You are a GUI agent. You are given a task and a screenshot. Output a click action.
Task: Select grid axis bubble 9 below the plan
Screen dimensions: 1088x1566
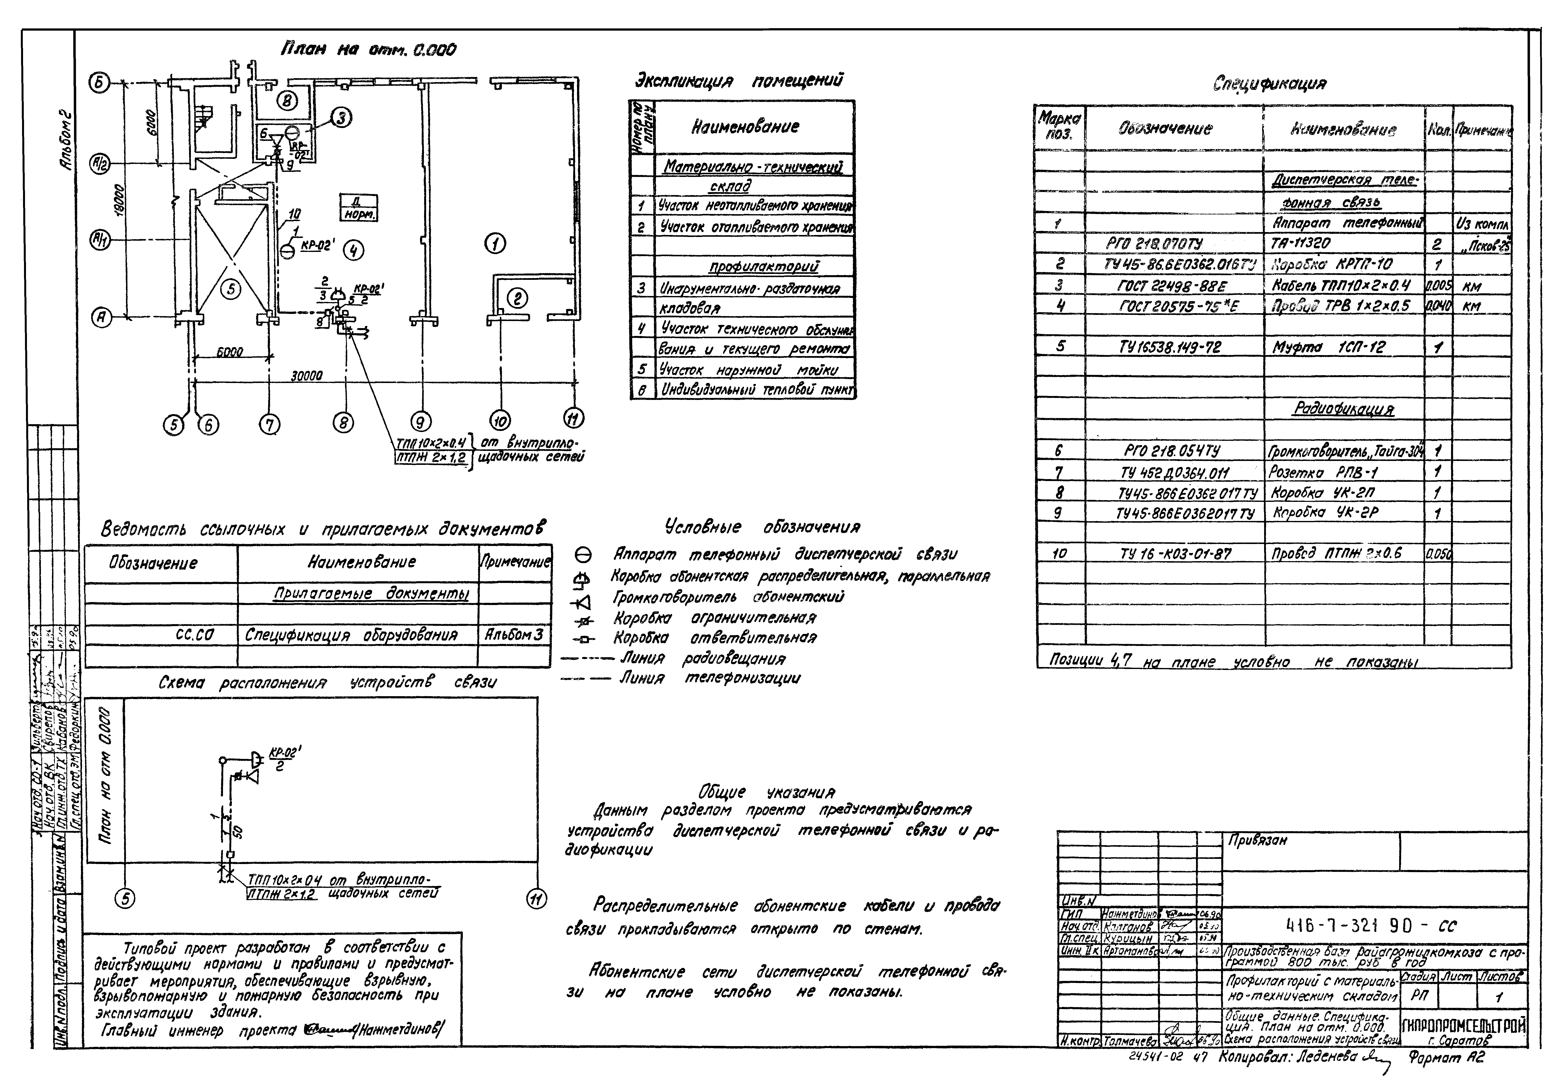click(x=420, y=422)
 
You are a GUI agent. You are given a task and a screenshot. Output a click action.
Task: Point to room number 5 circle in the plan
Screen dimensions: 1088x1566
click(x=231, y=289)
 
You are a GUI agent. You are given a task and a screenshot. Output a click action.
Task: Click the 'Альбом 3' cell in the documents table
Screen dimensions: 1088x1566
click(x=513, y=635)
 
